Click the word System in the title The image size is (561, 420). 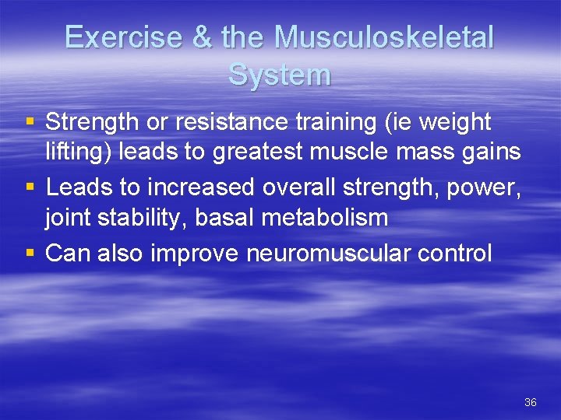click(x=280, y=75)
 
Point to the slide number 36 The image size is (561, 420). click(x=531, y=402)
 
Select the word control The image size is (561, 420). click(x=459, y=253)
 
